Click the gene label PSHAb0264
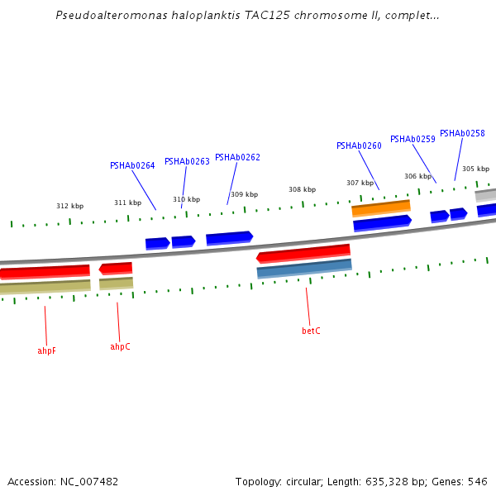point(132,165)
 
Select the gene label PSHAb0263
point(187,161)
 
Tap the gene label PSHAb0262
point(237,157)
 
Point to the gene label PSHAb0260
point(359,145)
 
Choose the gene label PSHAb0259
point(413,139)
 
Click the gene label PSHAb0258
point(462,133)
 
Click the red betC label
point(311,331)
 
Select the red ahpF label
point(47,351)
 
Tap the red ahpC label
point(120,346)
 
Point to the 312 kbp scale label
point(69,206)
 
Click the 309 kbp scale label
point(244,194)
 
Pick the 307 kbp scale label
point(360,183)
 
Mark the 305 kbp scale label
point(475,169)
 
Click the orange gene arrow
point(381,207)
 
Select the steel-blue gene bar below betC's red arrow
point(304,269)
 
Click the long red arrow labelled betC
point(303,252)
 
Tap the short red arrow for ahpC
point(116,268)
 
